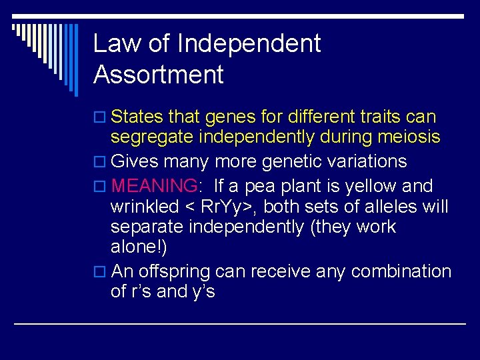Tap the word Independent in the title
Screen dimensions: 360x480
coord(249,44)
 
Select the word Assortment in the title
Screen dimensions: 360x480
coord(159,75)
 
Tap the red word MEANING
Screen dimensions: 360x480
coord(153,186)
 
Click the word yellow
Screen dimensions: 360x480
coord(377,186)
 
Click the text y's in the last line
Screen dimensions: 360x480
coord(202,292)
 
